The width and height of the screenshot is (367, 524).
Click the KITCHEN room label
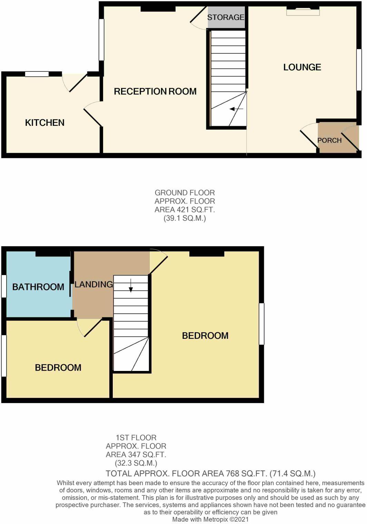(45, 123)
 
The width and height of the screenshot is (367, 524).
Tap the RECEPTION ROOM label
(155, 91)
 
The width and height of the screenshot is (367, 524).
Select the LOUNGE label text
(302, 67)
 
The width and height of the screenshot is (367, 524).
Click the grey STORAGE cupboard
(226, 17)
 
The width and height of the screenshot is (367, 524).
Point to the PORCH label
(329, 140)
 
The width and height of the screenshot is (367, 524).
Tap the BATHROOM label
(38, 287)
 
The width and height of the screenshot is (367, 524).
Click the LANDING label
(93, 284)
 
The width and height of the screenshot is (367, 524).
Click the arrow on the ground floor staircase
(236, 109)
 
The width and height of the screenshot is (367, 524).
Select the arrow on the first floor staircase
(131, 285)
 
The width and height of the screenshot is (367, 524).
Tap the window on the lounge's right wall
(359, 70)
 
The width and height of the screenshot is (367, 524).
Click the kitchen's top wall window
(37, 74)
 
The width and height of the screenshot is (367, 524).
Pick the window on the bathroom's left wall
(4, 286)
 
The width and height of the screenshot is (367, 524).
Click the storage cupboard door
(199, 18)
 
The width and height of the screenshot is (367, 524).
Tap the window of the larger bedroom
(261, 324)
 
